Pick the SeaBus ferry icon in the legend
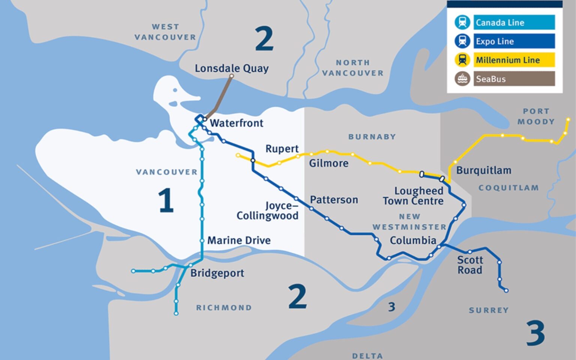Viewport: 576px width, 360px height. click(x=462, y=79)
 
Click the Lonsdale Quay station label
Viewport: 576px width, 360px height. click(x=231, y=68)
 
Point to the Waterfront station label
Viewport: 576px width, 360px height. click(x=236, y=123)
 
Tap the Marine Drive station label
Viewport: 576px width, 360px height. click(x=239, y=240)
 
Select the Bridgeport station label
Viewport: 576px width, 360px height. click(x=217, y=273)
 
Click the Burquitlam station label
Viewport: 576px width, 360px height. click(x=483, y=170)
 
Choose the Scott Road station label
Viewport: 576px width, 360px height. click(x=470, y=265)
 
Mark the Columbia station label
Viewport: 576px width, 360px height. click(x=413, y=240)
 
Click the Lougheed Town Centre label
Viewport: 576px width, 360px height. click(x=413, y=196)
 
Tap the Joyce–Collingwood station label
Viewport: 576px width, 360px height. click(x=268, y=211)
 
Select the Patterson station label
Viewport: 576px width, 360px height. click(x=334, y=200)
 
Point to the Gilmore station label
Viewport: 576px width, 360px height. click(x=328, y=163)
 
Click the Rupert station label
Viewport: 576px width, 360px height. click(x=282, y=149)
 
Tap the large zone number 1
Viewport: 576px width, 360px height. click(x=165, y=200)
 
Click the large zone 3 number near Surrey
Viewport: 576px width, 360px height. click(x=535, y=333)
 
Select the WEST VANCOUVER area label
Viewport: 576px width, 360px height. click(x=165, y=32)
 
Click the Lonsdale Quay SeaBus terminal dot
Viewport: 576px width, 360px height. click(x=231, y=76)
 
